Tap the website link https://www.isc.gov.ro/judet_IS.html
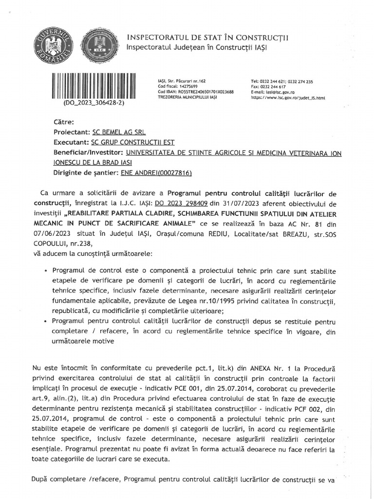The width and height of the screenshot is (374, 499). (288, 97)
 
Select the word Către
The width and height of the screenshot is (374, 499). (64, 122)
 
